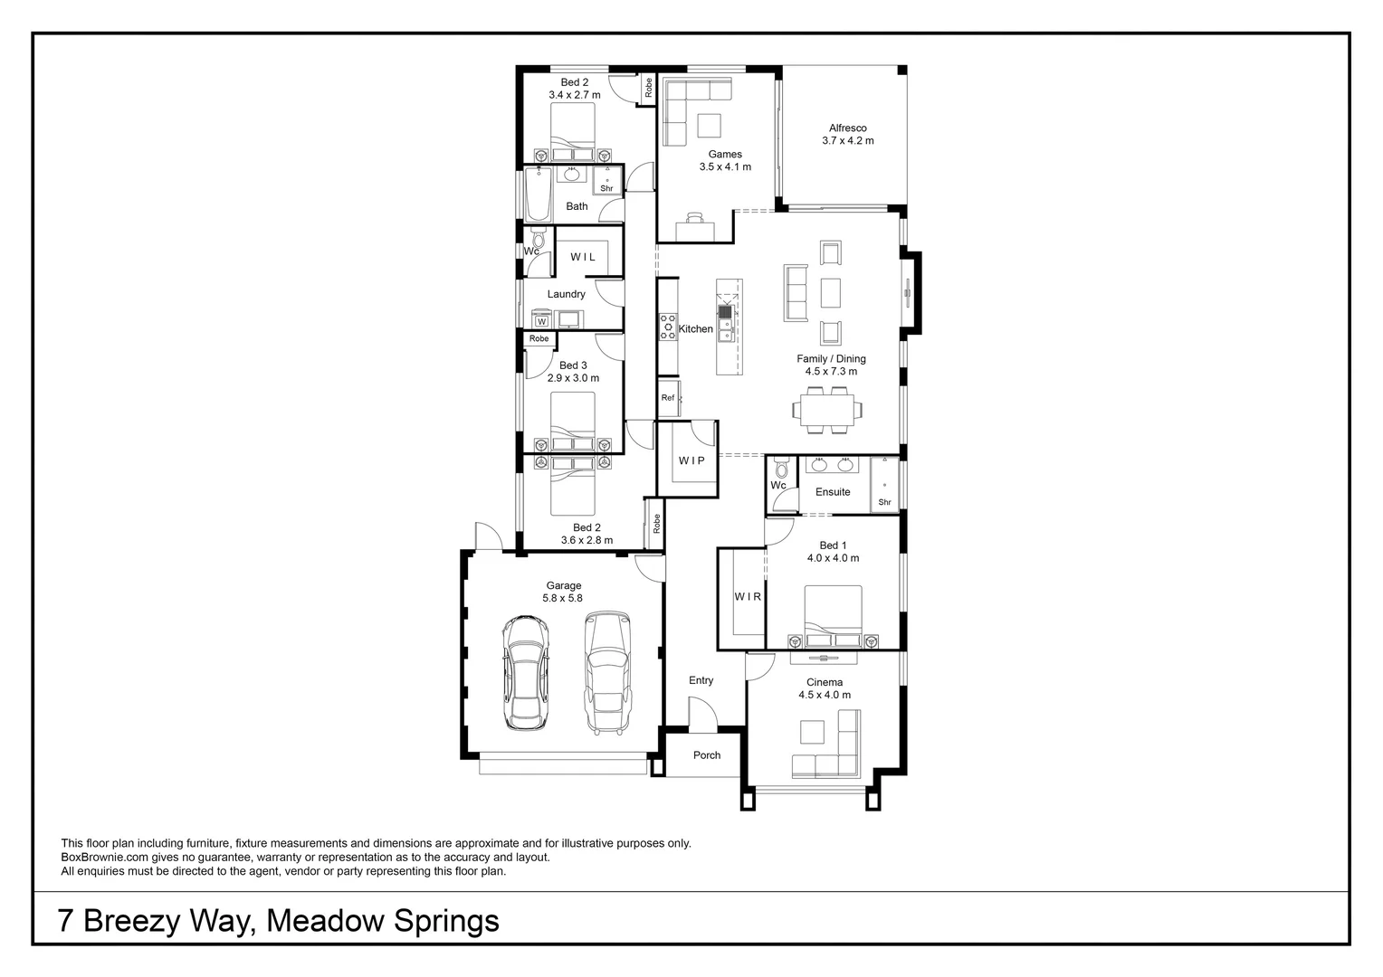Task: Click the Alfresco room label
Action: coord(847,128)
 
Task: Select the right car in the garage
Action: coord(606,672)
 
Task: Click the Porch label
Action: coord(707,755)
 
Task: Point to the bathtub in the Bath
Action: coord(538,194)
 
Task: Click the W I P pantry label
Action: coord(691,461)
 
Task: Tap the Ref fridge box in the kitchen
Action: coord(668,398)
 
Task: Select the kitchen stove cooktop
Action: coord(668,327)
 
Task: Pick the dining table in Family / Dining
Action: coord(827,410)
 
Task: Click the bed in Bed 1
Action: coord(833,615)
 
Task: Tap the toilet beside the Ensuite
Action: coord(781,470)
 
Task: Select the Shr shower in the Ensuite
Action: coord(884,486)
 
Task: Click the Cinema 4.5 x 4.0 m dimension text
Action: coord(824,696)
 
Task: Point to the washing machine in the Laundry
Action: coord(541,320)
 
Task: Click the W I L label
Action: coord(583,257)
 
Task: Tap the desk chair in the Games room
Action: coord(694,218)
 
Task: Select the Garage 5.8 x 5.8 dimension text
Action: coord(562,598)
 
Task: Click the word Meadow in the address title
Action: coord(327,921)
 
